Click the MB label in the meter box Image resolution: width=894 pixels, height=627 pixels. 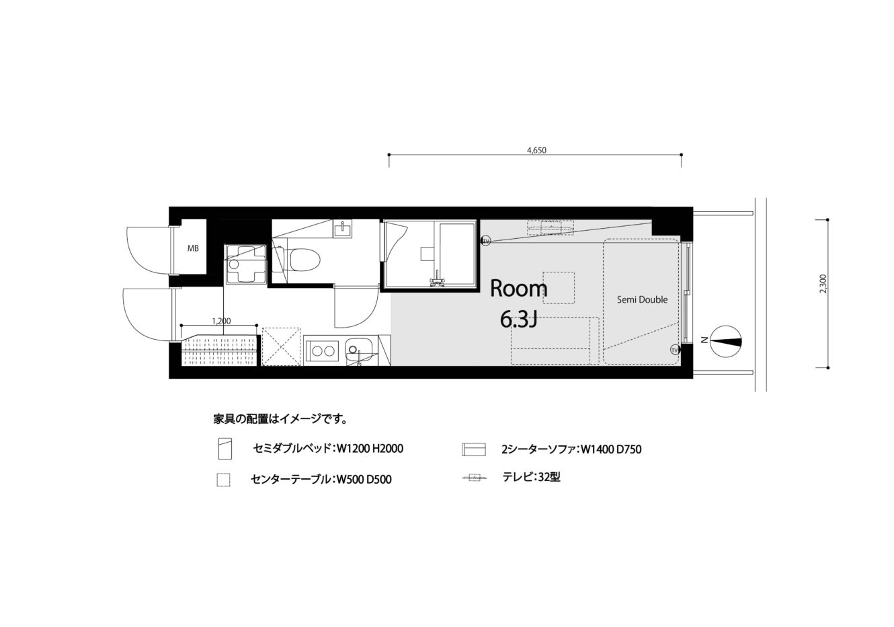pos(193,248)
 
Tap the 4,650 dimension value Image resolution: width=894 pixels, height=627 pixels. pos(536,151)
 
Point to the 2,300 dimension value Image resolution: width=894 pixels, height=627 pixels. pos(823,284)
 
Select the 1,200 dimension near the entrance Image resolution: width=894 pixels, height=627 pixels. pos(221,321)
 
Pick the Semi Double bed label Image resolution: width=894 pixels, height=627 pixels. pos(642,299)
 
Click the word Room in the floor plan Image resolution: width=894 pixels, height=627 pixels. pos(518,289)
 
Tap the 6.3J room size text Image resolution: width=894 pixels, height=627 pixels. pos(518,320)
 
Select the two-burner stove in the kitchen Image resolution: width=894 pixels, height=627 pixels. pos(323,351)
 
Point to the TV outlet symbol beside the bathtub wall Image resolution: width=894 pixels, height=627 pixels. pos(486,242)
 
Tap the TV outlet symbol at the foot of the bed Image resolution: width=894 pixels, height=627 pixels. pos(675,350)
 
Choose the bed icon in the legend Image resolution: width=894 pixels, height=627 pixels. pos(225,449)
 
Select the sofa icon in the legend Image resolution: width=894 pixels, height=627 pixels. pos(474,449)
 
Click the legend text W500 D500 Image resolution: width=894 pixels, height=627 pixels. pos(364,480)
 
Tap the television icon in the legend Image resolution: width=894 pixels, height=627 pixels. pos(475,477)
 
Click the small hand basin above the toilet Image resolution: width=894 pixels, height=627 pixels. pos(343,229)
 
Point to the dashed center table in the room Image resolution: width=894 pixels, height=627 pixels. pos(559,288)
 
